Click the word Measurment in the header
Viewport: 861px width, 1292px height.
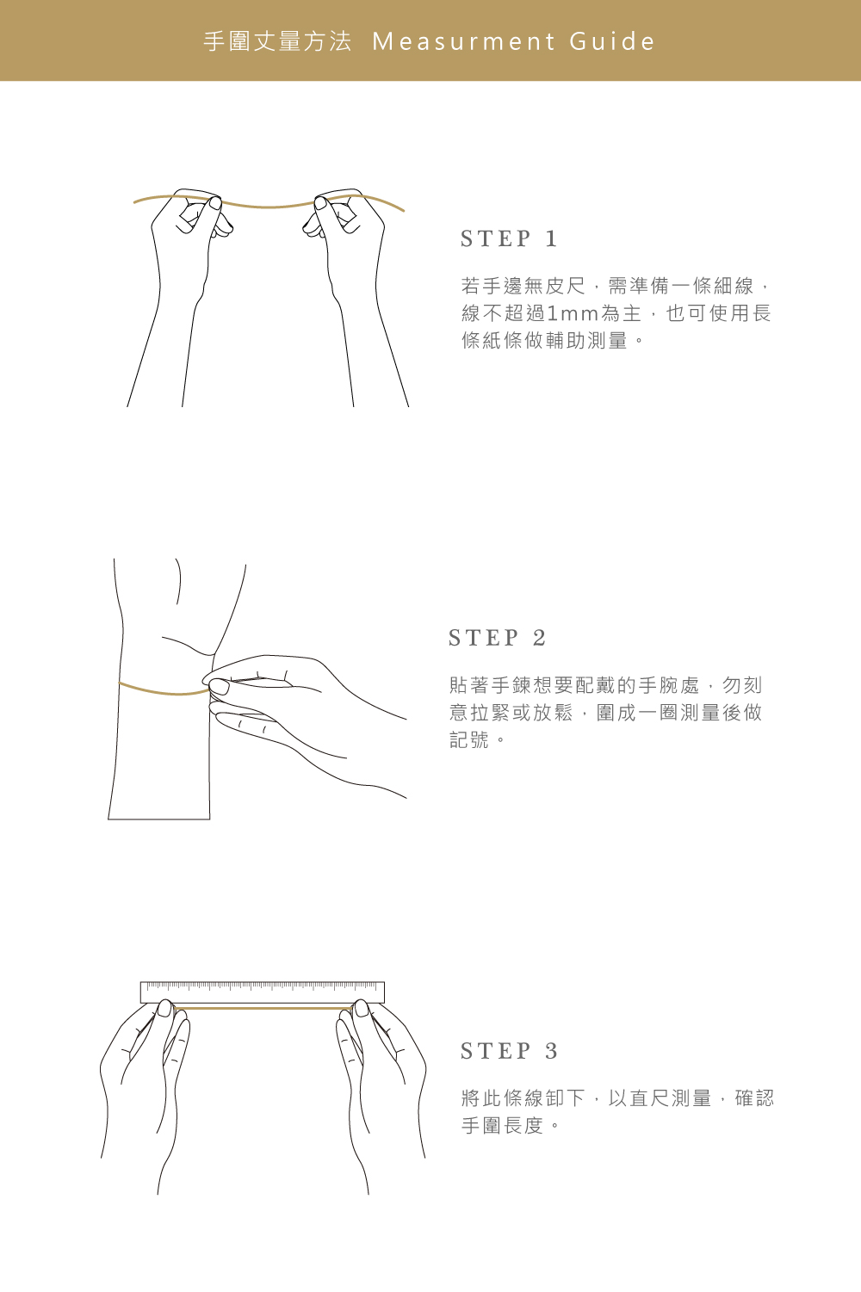click(464, 41)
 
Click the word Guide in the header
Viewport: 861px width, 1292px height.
click(611, 41)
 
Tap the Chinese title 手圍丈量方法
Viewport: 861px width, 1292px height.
click(277, 41)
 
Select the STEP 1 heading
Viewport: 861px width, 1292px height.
click(509, 238)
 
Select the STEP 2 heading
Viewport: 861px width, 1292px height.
click(497, 638)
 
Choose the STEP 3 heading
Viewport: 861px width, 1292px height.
click(509, 1051)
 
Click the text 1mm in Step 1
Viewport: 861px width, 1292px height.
click(573, 313)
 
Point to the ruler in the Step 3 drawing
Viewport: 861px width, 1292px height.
click(263, 992)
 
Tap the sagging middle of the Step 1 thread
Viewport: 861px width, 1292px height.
click(269, 207)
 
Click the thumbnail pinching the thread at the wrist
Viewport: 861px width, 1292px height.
click(219, 686)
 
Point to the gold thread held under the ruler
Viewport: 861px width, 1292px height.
click(263, 1008)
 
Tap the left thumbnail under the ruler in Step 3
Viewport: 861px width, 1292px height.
click(164, 1008)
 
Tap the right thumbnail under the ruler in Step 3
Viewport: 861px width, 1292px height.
click(362, 1008)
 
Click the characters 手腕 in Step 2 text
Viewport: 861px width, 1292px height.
click(659, 685)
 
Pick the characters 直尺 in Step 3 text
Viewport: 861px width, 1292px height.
click(650, 1098)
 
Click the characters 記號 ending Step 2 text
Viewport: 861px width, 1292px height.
click(469, 740)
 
